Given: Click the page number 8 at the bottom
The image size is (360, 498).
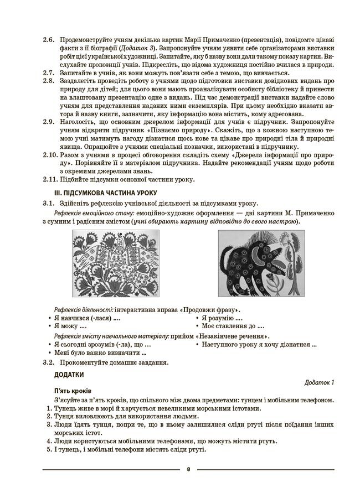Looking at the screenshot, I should click(188, 469).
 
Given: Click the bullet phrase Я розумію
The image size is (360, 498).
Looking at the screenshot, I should click(222, 318).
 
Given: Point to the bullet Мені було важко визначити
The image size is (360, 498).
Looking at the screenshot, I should click(100, 352).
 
